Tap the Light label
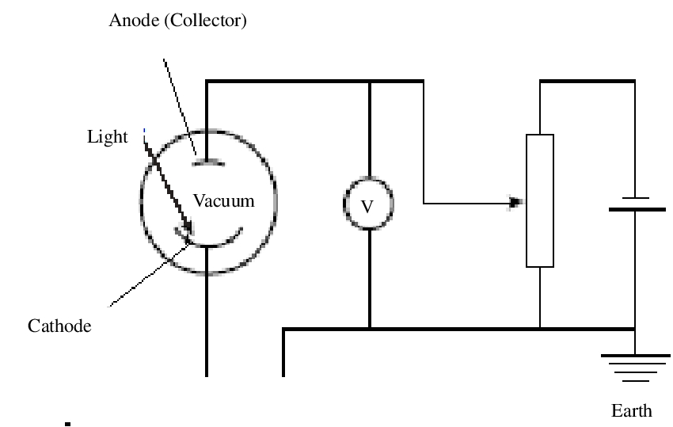tap(107, 137)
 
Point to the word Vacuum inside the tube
tap(224, 200)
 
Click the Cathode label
tap(59, 326)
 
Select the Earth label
tap(631, 410)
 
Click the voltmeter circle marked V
tap(367, 205)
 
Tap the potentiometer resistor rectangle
tap(540, 200)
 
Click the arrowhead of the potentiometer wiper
tap(517, 204)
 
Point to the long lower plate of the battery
tap(636, 210)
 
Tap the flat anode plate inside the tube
tap(207, 163)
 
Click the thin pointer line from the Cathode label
tap(150, 274)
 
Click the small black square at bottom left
tap(69, 424)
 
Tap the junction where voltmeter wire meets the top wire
tap(369, 81)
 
